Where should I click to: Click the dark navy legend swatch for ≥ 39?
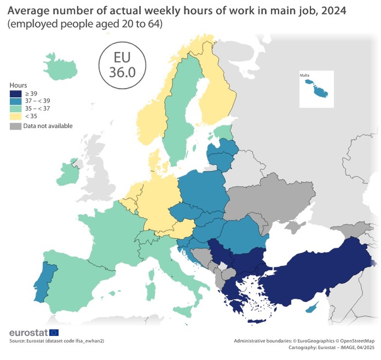pyautogui.click(x=15, y=93)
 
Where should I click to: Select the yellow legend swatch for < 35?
pyautogui.click(x=15, y=117)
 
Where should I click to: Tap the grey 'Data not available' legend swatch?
pyautogui.click(x=15, y=126)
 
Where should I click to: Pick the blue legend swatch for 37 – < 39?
pyautogui.click(x=15, y=101)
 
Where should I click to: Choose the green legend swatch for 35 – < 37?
pyautogui.click(x=15, y=109)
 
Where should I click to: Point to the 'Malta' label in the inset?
pyautogui.click(x=304, y=75)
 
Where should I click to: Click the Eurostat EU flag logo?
pyautogui.click(x=54, y=333)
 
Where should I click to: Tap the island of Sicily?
pyautogui.click(x=184, y=311)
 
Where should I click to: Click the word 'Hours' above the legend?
pyautogui.click(x=18, y=85)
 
